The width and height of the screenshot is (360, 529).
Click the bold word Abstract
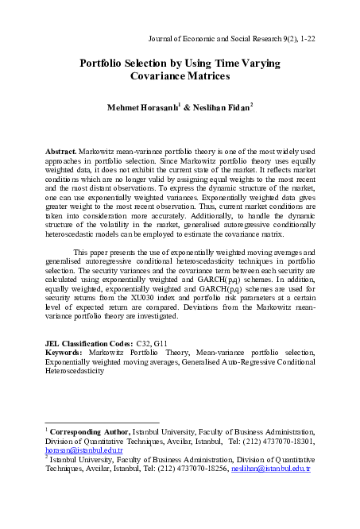point(64,150)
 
